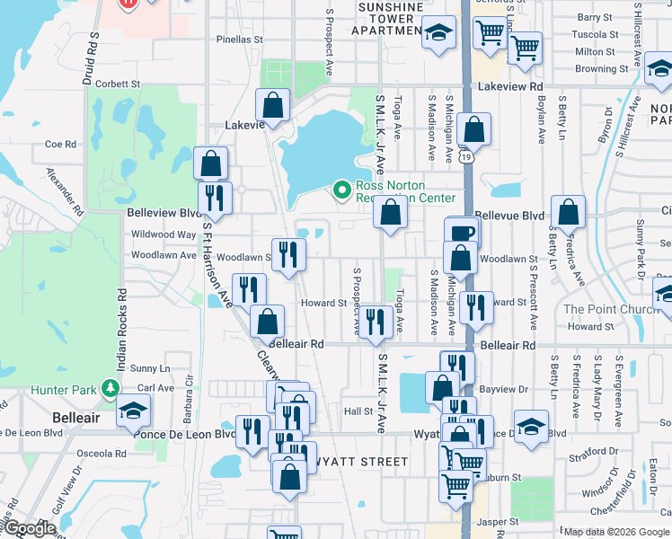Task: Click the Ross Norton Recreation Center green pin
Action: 341,190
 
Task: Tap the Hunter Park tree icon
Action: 110,389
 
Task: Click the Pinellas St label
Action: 238,40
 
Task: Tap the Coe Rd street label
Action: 60,144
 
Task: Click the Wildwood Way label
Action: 162,234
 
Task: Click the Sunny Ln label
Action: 149,368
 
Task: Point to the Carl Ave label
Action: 155,388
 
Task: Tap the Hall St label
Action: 358,411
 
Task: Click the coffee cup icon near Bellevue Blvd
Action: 462,232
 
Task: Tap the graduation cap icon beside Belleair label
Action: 133,410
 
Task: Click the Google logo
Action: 29,528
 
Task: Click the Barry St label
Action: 595,17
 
